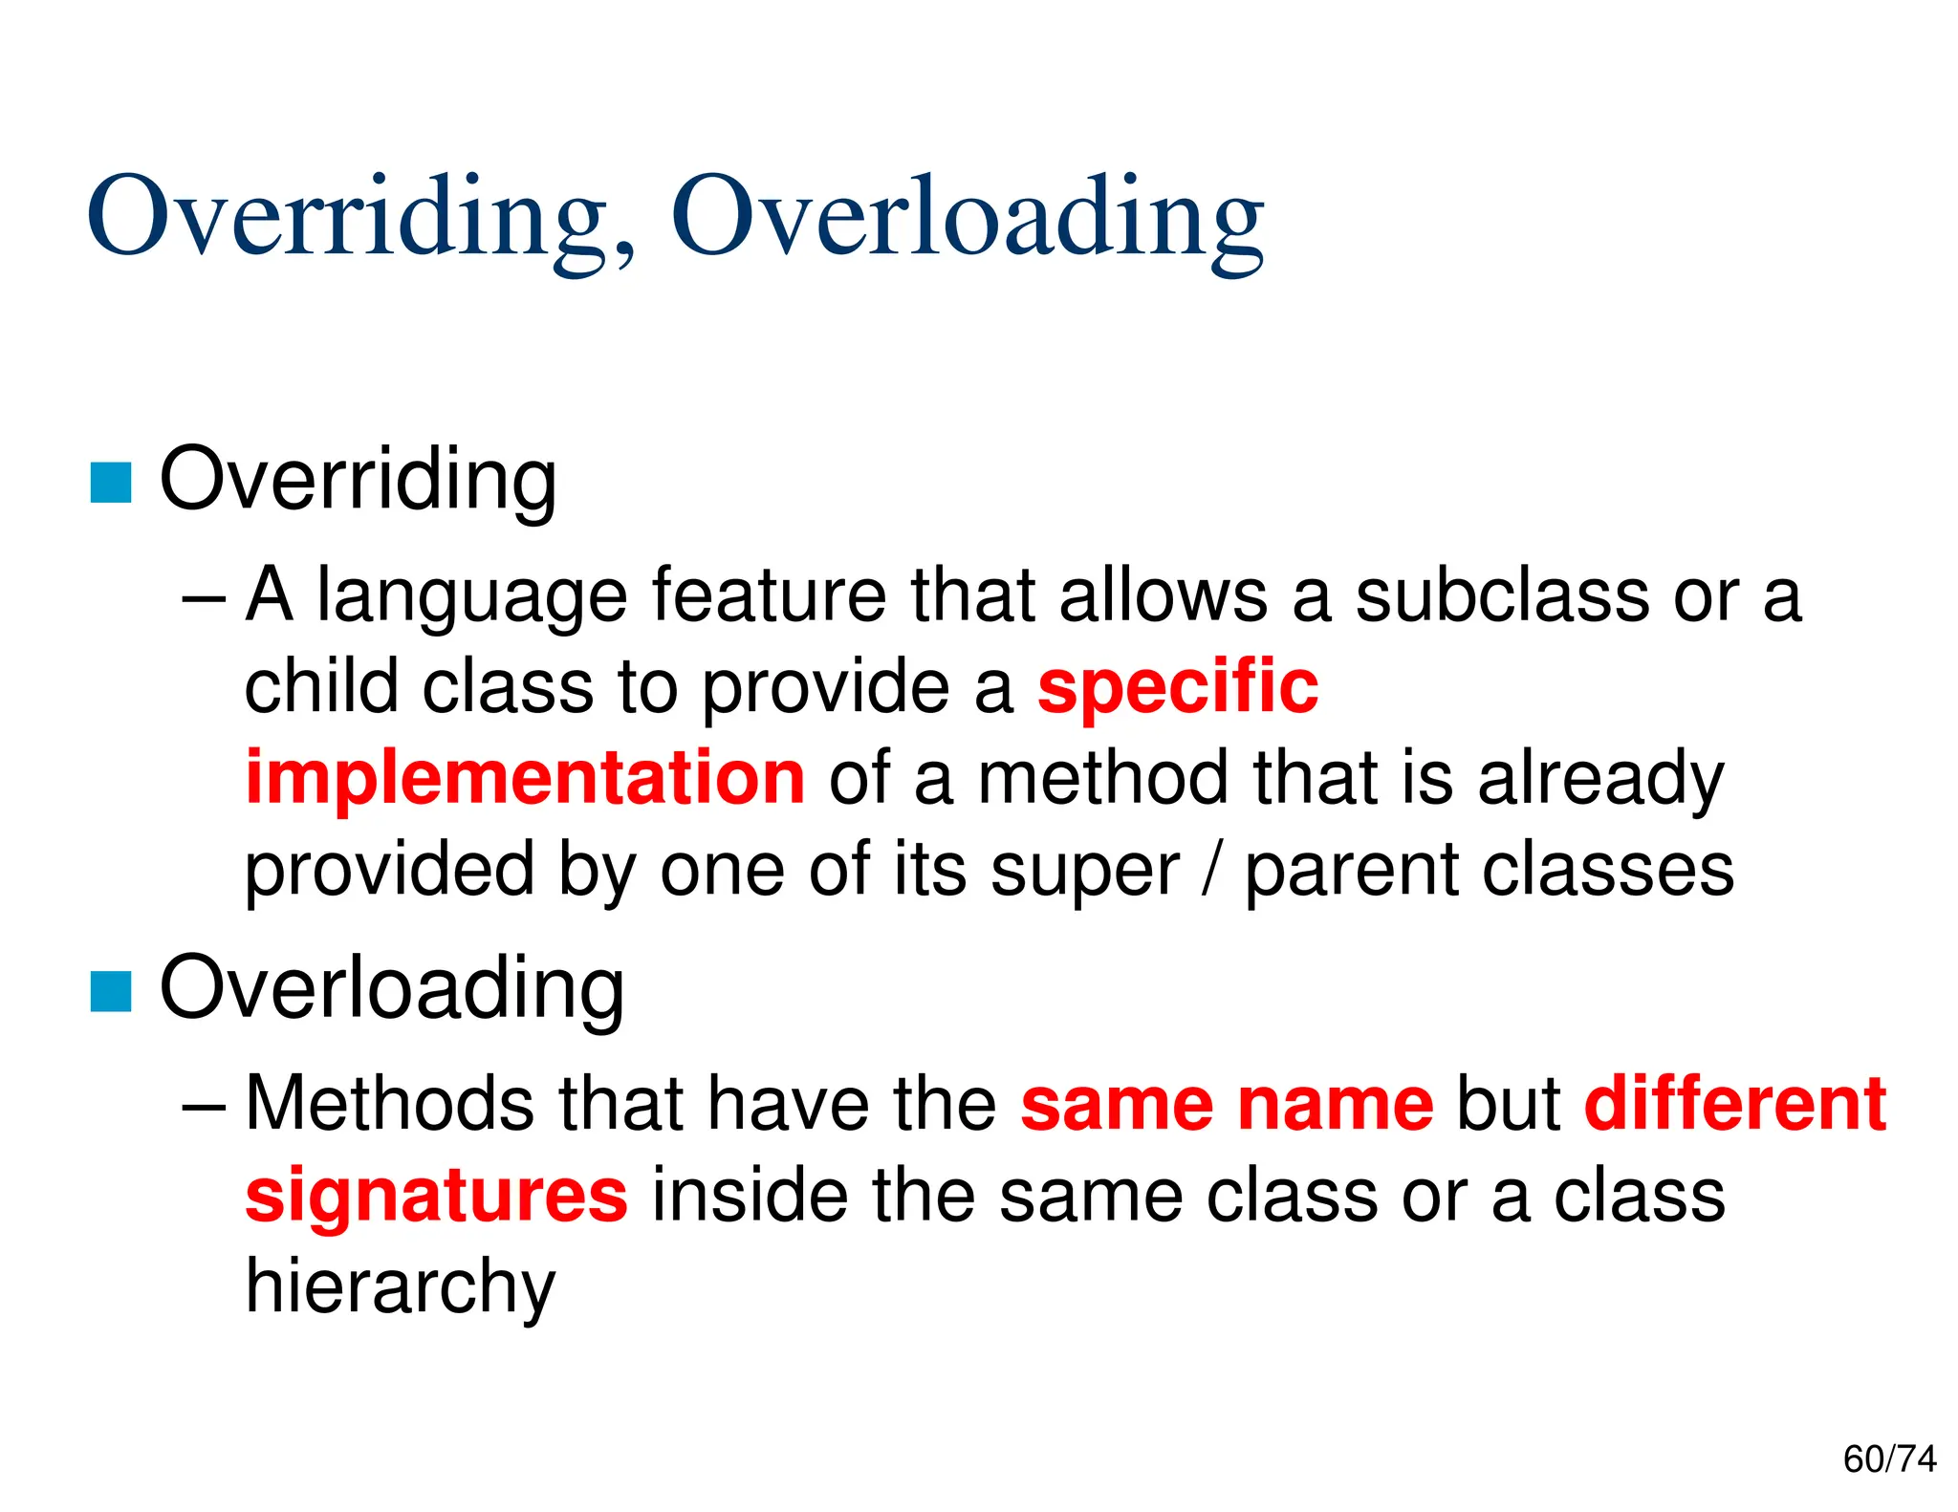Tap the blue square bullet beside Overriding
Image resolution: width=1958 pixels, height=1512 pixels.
pos(111,483)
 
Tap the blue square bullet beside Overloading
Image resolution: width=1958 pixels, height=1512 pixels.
pos(111,991)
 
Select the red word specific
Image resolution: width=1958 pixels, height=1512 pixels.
pos(1178,688)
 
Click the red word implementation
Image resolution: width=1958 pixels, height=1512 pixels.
pos(525,778)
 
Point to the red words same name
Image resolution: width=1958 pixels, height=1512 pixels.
pos(1227,1105)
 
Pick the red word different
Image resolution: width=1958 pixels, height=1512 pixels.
pos(1734,1105)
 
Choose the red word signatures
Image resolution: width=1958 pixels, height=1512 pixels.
pos(437,1197)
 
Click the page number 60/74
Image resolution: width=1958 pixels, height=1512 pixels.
pos(1889,1459)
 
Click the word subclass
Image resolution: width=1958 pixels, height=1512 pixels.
pos(1502,596)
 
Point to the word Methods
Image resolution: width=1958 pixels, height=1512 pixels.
pos(389,1105)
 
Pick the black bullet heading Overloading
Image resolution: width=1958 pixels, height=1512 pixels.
pos(392,990)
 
